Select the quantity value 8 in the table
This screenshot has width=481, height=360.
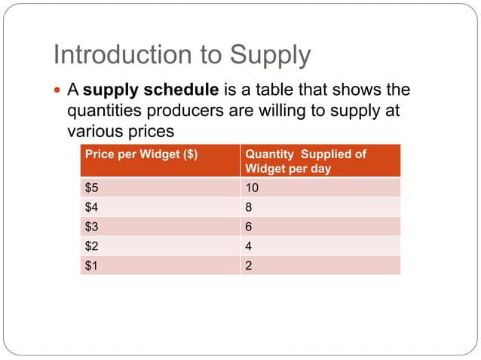click(x=250, y=207)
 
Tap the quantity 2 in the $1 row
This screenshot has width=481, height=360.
click(x=250, y=265)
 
